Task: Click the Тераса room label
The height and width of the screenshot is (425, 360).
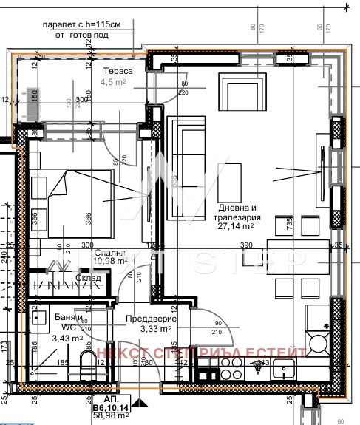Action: (118, 71)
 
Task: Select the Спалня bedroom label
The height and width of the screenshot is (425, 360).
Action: (109, 251)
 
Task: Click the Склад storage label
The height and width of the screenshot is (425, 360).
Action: (89, 277)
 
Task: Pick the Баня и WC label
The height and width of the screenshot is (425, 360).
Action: (51, 322)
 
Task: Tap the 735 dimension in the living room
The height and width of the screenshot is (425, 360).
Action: (280, 225)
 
